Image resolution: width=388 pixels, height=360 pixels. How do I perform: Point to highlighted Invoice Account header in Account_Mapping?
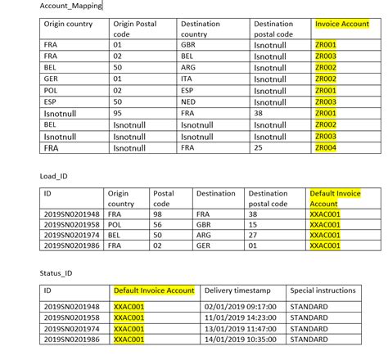point(343,24)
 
